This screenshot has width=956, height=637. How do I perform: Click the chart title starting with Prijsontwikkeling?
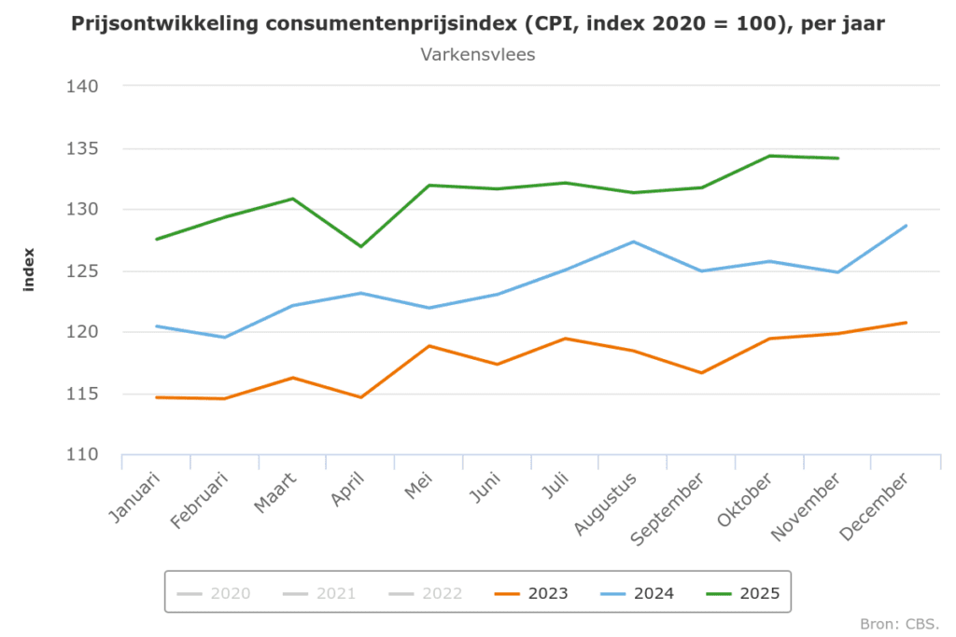[x=478, y=23]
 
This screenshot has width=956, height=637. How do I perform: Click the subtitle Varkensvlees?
[x=478, y=54]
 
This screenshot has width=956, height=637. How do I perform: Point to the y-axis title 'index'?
[x=29, y=270]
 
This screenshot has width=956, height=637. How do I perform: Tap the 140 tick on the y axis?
[x=83, y=87]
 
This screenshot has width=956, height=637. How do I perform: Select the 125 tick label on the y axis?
[x=83, y=271]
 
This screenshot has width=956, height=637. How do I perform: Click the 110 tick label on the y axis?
[x=83, y=455]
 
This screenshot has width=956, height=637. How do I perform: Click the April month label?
[x=347, y=489]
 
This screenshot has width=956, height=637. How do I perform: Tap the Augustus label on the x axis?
[x=606, y=504]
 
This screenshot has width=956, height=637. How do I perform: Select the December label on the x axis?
[x=875, y=506]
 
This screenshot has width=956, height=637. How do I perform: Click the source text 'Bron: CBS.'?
[x=899, y=623]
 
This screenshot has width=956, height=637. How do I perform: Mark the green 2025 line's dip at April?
[x=360, y=246]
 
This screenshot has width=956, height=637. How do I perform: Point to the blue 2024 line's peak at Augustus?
[x=633, y=242]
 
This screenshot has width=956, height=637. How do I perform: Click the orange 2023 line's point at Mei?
[x=429, y=346]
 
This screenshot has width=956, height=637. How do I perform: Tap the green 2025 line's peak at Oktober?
[x=769, y=156]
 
